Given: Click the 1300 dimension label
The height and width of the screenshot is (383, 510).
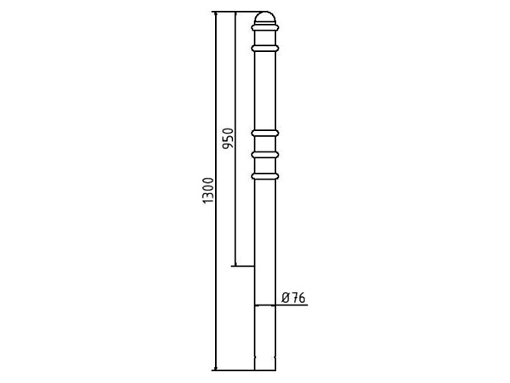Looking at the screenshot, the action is click(x=208, y=191).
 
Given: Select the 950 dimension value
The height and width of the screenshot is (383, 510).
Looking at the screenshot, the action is click(x=228, y=138).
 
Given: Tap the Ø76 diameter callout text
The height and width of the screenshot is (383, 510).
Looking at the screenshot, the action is click(x=294, y=298).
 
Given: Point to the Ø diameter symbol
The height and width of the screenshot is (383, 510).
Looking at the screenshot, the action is click(x=286, y=298).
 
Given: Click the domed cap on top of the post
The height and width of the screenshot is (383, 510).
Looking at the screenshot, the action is click(x=264, y=17).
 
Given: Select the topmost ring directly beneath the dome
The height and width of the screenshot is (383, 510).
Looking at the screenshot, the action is click(x=264, y=28).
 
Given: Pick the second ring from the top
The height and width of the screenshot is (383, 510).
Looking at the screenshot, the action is click(x=264, y=49).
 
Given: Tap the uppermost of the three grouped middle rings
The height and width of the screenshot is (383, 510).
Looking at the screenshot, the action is click(x=264, y=134).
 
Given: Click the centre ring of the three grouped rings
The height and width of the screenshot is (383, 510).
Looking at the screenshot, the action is click(x=264, y=155).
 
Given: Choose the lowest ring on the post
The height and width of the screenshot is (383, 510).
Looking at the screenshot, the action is click(x=264, y=176).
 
